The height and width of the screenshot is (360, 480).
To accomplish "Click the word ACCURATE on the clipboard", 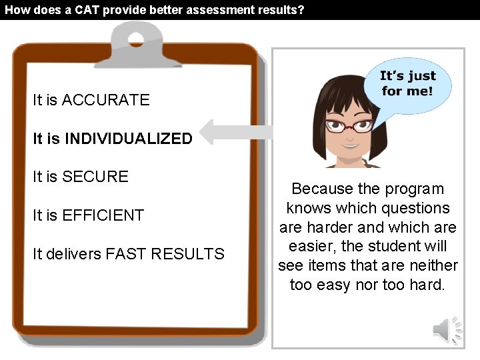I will click(x=105, y=100).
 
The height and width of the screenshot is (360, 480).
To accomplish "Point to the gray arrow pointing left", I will click(x=233, y=131).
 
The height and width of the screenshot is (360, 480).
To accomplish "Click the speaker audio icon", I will click(x=447, y=329).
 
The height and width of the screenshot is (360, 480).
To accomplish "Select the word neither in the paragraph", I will click(x=429, y=266).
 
